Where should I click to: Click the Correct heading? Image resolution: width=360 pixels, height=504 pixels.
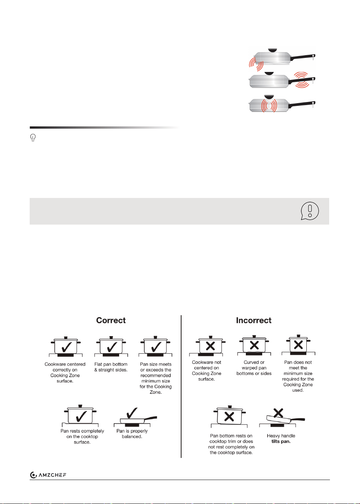coord(111,320)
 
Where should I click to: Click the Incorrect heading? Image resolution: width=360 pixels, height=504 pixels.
coord(253,320)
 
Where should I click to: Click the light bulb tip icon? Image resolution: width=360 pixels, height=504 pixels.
coord(33,137)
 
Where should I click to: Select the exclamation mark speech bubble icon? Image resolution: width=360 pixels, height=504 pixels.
coord(310,211)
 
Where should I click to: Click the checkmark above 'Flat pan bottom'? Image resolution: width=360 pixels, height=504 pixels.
coord(112,347)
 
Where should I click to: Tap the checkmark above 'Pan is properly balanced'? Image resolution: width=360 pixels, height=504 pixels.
coord(132,413)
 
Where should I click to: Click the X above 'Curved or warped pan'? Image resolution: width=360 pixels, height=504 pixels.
coord(254,345)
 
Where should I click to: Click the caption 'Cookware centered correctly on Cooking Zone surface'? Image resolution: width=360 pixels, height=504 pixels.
coord(65,372)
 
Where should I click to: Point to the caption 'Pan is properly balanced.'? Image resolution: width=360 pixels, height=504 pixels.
coord(132,434)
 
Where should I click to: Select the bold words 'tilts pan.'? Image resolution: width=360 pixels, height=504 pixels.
coord(281,441)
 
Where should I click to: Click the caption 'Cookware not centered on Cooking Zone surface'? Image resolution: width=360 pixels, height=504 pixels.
coord(207,370)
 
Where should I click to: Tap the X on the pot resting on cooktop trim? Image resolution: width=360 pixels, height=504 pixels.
coord(229,417)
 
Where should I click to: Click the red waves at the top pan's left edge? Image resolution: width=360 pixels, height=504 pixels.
coord(256,64)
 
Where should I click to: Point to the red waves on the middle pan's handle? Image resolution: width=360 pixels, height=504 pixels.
coord(301,80)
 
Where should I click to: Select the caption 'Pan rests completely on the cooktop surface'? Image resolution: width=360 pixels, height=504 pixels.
coord(82,436)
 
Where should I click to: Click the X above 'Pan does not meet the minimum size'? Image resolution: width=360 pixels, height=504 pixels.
coord(298,345)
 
